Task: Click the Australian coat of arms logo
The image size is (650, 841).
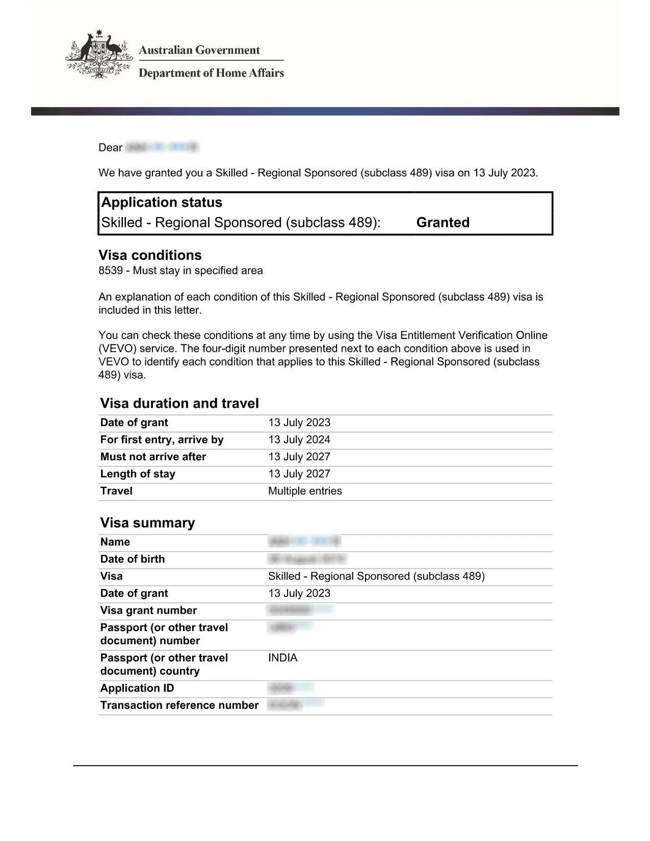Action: [99, 55]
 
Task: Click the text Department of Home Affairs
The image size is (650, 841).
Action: [211, 73]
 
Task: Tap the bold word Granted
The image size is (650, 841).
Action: [443, 222]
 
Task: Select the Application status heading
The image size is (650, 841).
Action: [162, 202]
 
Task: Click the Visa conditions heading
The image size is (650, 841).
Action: [150, 255]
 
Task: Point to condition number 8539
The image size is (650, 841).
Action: [111, 271]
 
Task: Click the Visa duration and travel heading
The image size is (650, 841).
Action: [179, 403]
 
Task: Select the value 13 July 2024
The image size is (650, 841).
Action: [299, 439]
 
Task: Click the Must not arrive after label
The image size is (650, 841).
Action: [153, 457]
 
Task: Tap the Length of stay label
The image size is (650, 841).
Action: [138, 474]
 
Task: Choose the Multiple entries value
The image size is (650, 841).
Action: [305, 491]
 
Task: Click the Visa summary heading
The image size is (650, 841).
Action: [147, 522]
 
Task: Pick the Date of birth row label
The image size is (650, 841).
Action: [133, 559]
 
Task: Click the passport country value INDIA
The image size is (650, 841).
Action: [282, 658]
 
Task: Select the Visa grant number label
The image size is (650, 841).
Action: [148, 610]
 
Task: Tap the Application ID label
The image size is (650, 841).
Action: [137, 688]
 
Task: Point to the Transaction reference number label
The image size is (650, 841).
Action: [179, 705]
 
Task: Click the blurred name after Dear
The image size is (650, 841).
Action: [162, 147]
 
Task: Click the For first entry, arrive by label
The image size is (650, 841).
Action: [162, 439]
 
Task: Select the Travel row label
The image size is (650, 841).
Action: [116, 491]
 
